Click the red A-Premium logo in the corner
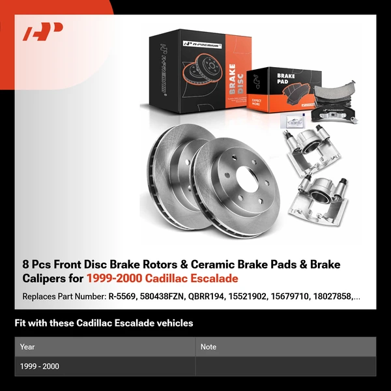coord(42,31)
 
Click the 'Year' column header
coord(27,347)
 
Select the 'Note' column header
coord(209,347)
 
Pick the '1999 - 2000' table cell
coord(39,366)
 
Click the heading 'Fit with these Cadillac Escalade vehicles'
coord(104,323)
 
